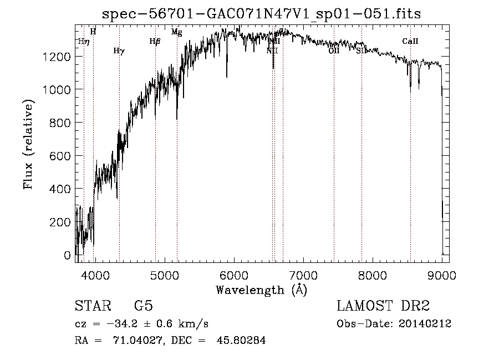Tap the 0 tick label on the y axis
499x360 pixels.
click(x=67, y=256)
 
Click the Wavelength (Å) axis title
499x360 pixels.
click(x=261, y=290)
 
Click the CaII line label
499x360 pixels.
click(x=410, y=41)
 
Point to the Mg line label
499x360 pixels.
click(x=177, y=32)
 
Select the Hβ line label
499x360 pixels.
click(x=155, y=41)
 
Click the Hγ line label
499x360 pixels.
click(x=119, y=51)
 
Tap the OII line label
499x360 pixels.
click(x=334, y=50)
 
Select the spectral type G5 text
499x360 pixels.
click(x=144, y=306)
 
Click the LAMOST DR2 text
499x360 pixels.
click(x=383, y=306)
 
